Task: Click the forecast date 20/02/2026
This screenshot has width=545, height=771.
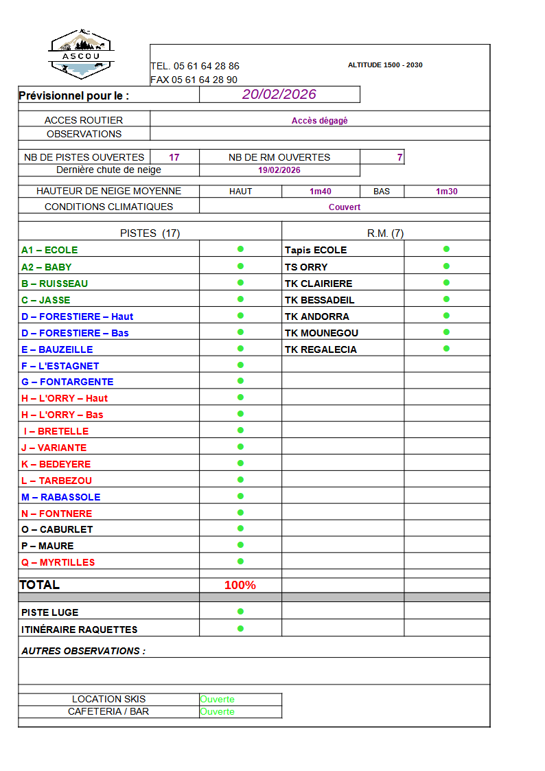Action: pos(279,95)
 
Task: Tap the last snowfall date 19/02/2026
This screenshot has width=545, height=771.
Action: pos(279,170)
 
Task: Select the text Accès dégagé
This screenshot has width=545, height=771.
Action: pos(320,121)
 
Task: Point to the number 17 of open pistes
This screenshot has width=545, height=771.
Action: pos(174,157)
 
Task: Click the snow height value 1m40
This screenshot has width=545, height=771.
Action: pos(321,192)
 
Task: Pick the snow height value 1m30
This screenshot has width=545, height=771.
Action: pos(447,192)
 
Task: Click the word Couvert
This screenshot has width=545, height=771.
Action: pos(345,207)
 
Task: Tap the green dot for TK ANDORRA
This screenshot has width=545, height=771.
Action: pos(446,316)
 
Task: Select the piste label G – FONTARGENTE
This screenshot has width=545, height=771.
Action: pos(67,382)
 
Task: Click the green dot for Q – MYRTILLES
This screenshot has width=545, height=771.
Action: pos(240,562)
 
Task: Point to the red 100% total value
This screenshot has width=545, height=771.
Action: pos(240,586)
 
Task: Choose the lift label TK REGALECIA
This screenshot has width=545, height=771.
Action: pos(321,349)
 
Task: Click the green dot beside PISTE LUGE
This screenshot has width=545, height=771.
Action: pos(240,611)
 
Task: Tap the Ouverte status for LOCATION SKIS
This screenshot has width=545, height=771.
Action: pos(218,700)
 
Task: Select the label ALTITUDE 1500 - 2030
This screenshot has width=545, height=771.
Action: pos(385,65)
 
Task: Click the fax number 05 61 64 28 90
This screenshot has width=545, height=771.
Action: pos(205,80)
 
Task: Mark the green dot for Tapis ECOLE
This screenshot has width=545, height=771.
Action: pos(446,249)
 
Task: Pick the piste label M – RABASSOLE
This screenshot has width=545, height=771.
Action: pos(61,497)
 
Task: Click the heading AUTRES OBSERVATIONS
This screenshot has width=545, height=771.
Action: pos(83,651)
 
